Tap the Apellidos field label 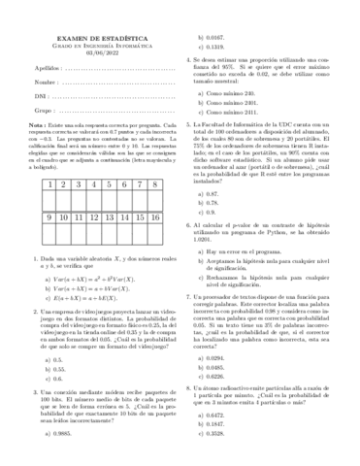pos(36,79)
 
